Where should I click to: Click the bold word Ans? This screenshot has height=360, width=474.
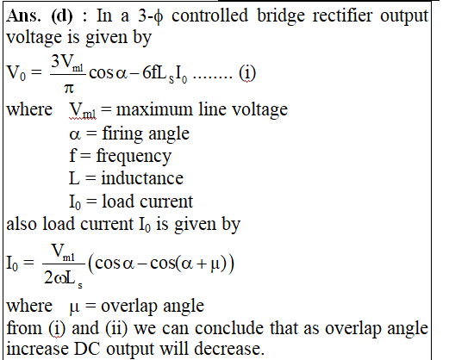pos(23,16)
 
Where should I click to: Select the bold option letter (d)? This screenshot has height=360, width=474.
pos(62,16)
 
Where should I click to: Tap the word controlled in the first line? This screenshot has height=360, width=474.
pos(209,16)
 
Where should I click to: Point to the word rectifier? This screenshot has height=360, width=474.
pos(342,16)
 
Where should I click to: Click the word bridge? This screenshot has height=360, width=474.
pos(281,16)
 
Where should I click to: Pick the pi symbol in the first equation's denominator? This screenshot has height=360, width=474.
pos(69,88)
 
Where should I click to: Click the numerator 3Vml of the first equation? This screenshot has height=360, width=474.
pos(67,63)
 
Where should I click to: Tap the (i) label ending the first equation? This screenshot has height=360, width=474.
pos(247,73)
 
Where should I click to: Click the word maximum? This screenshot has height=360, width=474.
pos(154,109)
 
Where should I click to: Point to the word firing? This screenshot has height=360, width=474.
pos(122,133)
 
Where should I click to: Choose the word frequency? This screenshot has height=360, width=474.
pos(134,157)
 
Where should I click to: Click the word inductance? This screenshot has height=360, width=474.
pos(142,178)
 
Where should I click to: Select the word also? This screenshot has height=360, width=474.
pos(22,224)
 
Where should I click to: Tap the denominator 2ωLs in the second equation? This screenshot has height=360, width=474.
pos(63,278)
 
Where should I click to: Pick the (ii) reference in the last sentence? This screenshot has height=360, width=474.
pos(116,328)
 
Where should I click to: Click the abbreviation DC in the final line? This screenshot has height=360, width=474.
pos(87,349)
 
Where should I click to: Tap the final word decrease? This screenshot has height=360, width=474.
pos(229,349)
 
